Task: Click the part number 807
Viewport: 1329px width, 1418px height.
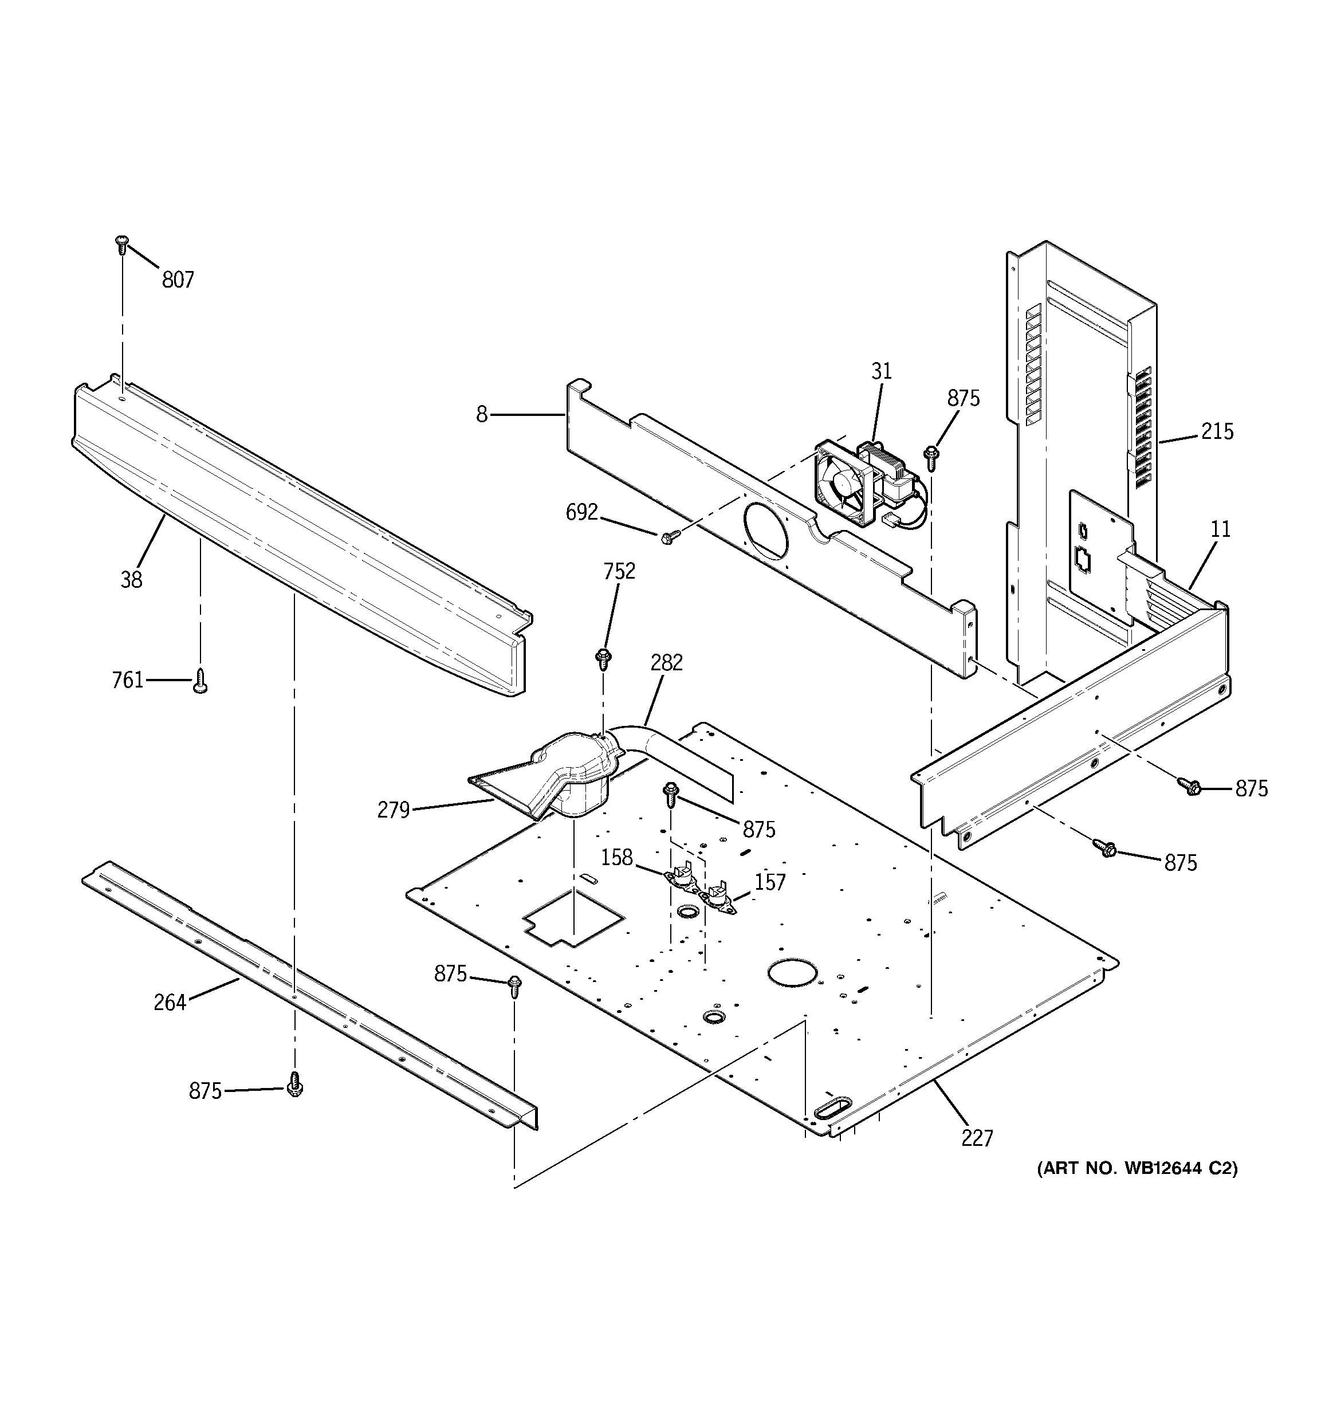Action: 178,280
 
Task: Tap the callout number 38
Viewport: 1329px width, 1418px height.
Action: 131,580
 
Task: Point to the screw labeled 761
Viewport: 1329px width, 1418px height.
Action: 200,681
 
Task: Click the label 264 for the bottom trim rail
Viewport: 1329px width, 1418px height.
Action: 170,1003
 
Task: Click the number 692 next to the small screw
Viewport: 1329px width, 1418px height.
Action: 581,512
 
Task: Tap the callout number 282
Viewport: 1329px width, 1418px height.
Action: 666,663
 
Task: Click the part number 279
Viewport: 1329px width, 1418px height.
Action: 393,810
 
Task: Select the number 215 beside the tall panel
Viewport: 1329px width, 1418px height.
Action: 1217,431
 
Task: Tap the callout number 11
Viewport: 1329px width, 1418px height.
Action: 1221,529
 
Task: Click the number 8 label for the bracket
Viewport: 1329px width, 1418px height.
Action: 482,414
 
